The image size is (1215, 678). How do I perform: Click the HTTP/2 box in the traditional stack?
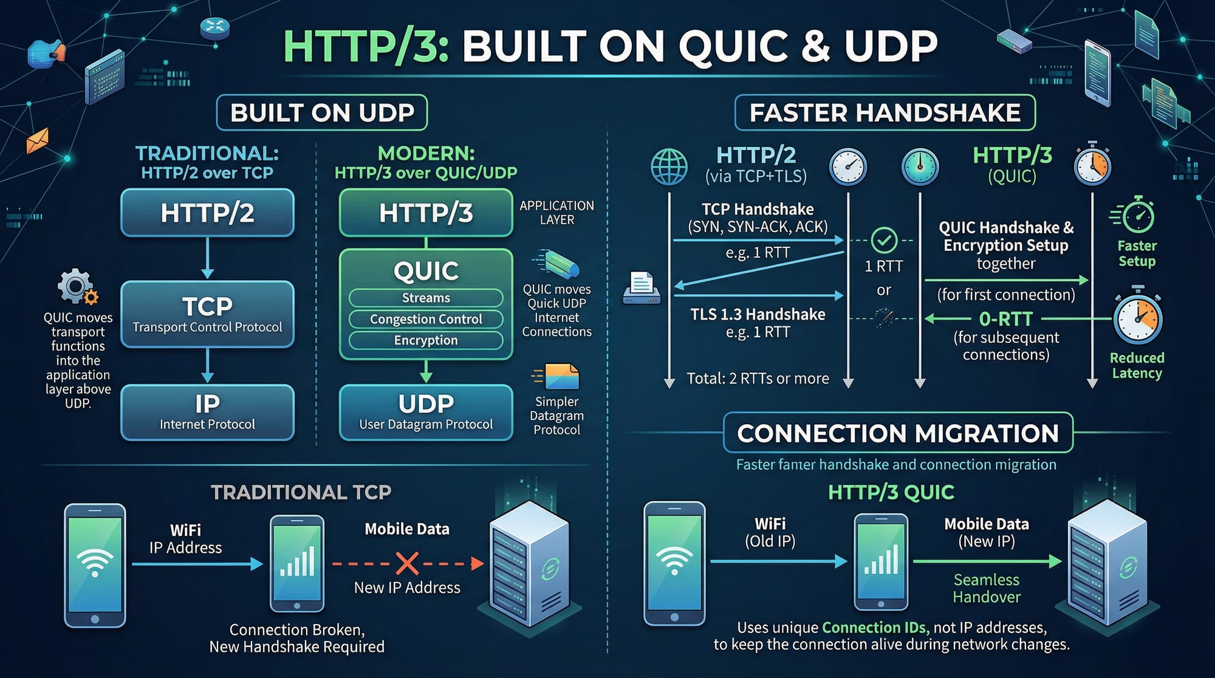[207, 213]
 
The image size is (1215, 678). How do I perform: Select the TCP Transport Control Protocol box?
[207, 314]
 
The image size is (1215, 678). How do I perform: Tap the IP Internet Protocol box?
[207, 412]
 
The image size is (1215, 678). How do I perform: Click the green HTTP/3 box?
[426, 213]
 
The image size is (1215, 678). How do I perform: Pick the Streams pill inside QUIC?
[426, 298]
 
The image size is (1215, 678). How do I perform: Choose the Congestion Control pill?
[426, 319]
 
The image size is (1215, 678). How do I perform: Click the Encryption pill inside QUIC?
[426, 340]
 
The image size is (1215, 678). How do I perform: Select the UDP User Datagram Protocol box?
[426, 412]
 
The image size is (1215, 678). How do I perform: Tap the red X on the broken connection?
[407, 563]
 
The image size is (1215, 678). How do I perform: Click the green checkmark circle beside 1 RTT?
[884, 241]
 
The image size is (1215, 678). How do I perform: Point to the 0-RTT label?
[1006, 319]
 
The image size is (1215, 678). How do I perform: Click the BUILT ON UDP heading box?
[322, 112]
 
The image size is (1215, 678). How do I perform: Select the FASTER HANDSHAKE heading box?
[885, 112]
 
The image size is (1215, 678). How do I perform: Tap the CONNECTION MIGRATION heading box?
[898, 433]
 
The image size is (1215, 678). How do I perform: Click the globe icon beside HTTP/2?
[669, 166]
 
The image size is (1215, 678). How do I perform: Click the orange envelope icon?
[37, 141]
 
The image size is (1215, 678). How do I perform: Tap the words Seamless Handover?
[987, 588]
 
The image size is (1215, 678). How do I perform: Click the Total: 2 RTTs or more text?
[758, 378]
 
